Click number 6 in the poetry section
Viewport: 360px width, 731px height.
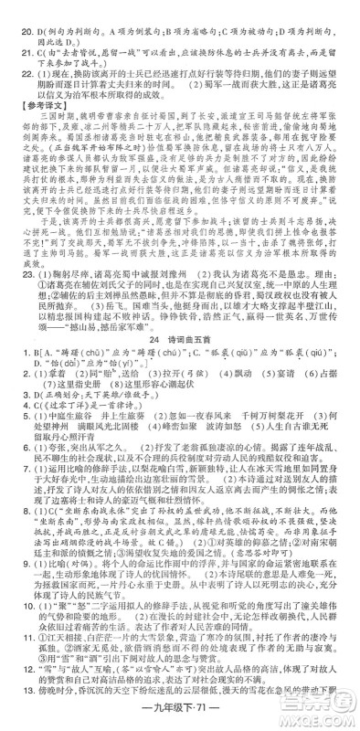(x=15, y=524)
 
